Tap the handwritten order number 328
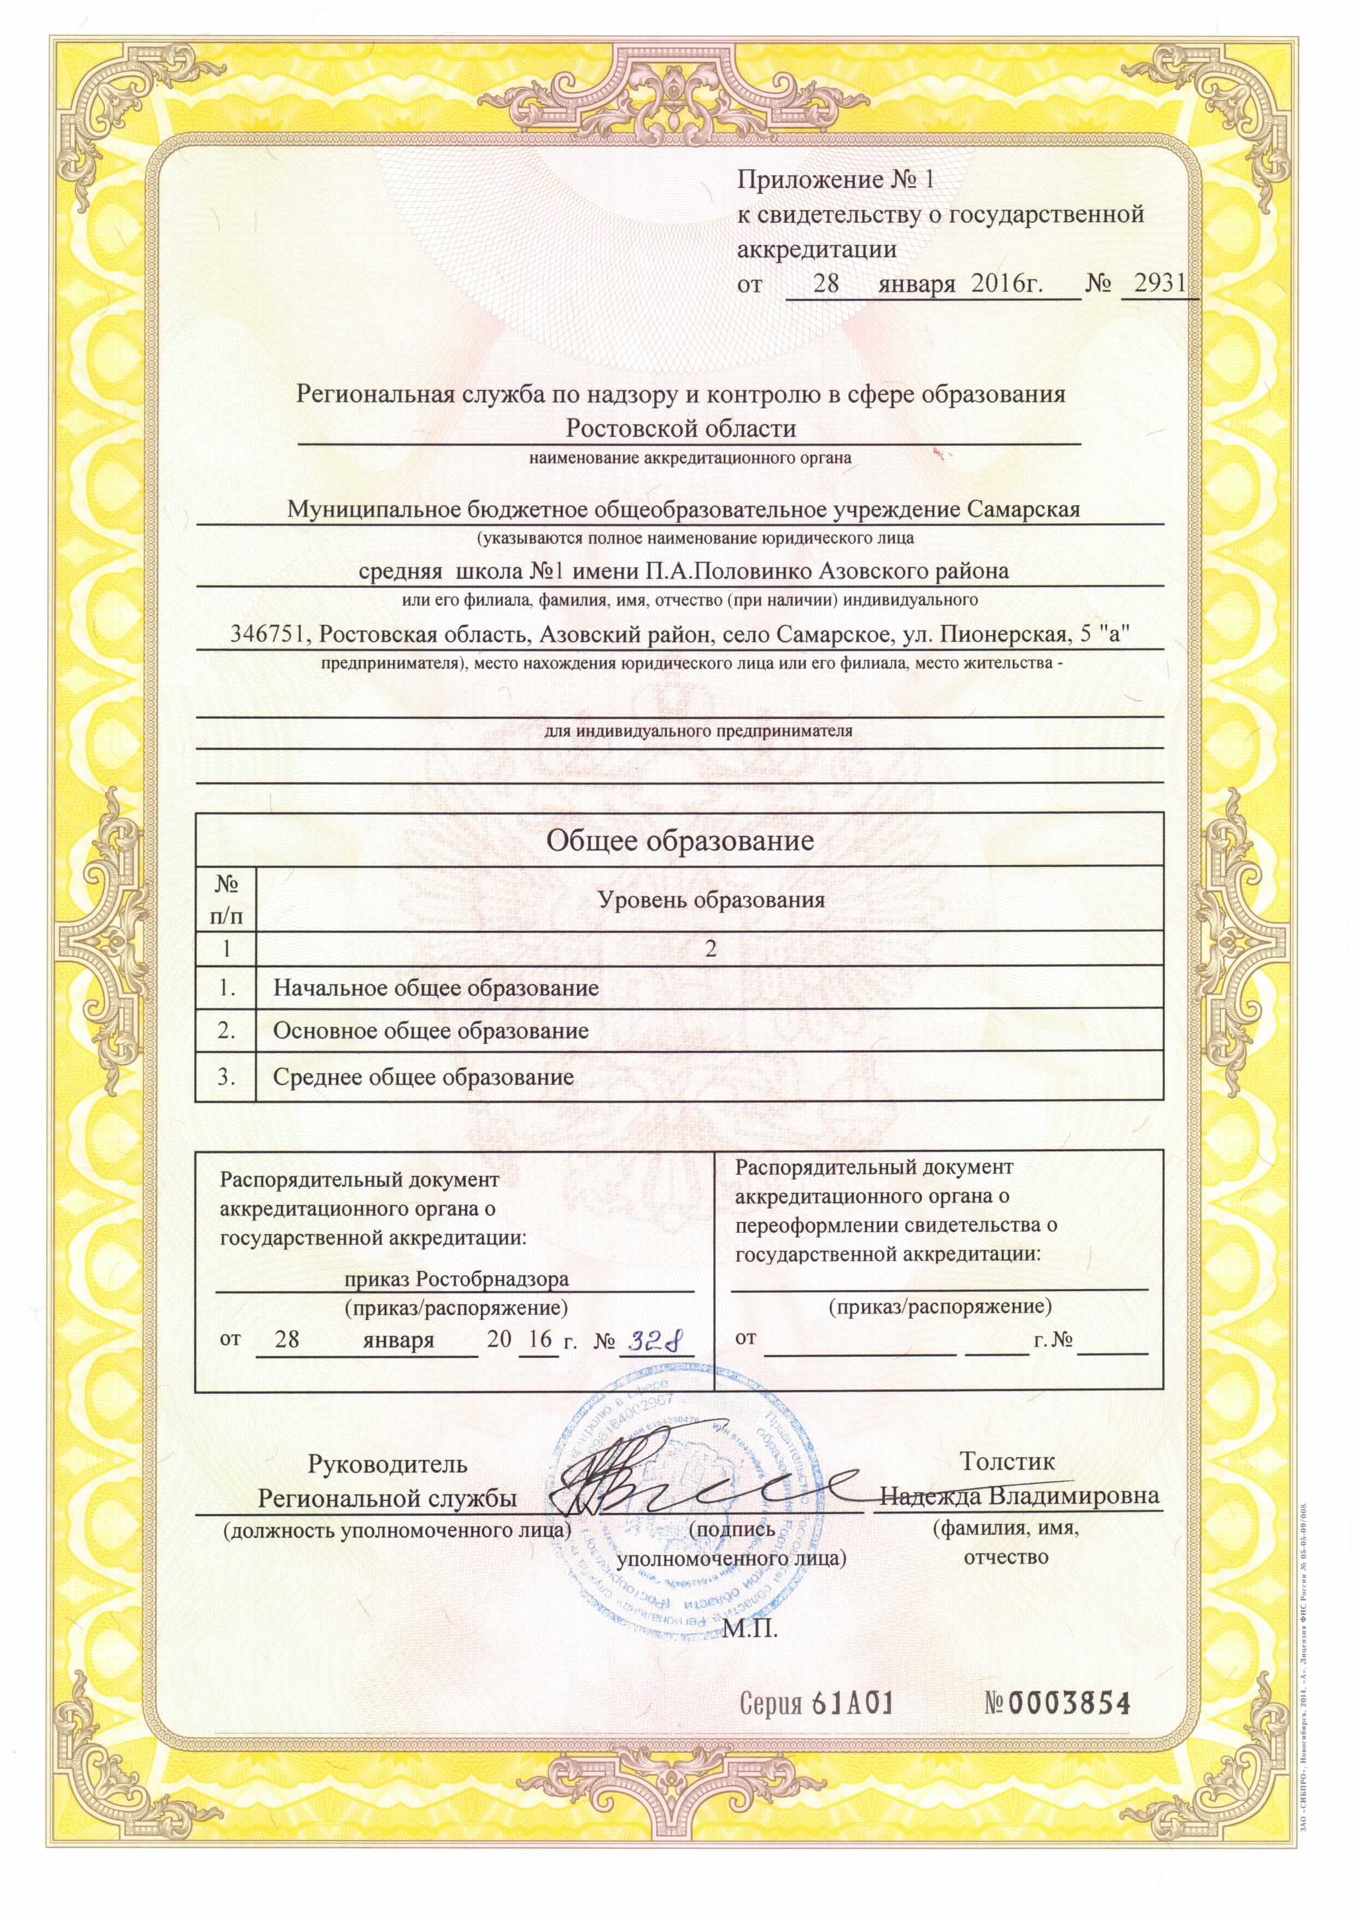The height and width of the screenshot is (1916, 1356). coord(655,1340)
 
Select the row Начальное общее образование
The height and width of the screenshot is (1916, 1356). coord(436,988)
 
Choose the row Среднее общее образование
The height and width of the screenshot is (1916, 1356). coord(424,1077)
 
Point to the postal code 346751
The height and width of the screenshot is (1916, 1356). coord(269,635)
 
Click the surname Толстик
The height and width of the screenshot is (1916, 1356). coord(1007,1461)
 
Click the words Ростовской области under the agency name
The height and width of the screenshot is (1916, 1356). coord(680,429)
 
